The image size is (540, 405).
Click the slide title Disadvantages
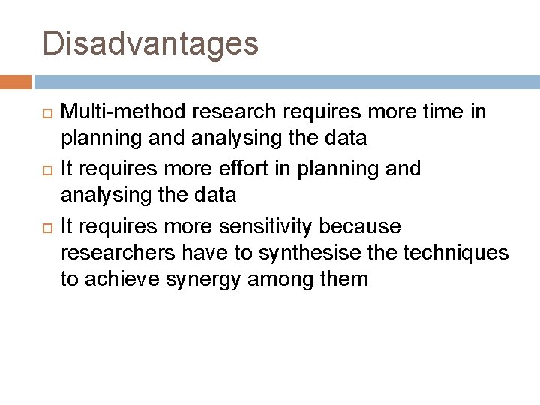pos(151,43)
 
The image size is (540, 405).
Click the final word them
pos(346,280)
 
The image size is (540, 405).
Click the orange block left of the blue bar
pos(16,81)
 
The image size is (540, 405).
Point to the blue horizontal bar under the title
pos(285,81)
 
